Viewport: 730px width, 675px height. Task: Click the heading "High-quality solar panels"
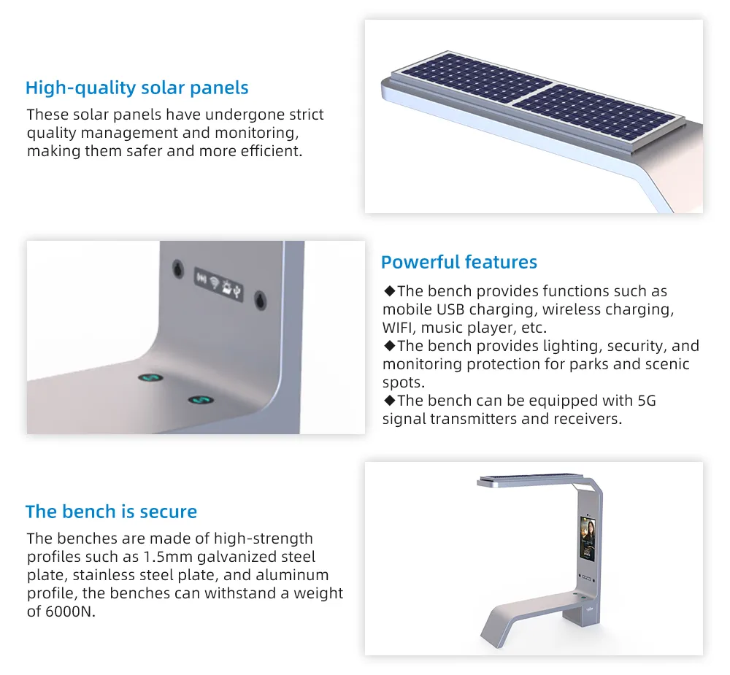(137, 88)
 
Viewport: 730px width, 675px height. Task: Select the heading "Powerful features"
(458, 262)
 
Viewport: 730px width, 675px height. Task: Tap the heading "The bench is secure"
(111, 512)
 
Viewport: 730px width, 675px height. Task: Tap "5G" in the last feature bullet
(646, 400)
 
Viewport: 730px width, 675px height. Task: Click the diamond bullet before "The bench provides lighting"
(389, 346)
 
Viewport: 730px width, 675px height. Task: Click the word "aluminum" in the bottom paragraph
(294, 575)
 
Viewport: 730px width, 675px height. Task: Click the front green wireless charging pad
(199, 401)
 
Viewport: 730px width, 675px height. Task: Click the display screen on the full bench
(587, 539)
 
